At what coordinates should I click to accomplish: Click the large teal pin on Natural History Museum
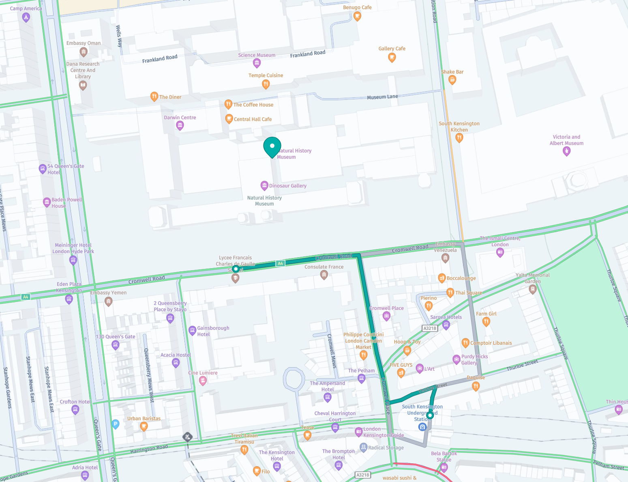(272, 146)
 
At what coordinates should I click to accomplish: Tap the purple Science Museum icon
(257, 63)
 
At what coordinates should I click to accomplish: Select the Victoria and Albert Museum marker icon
(566, 151)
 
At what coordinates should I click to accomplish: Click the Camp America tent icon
(26, 17)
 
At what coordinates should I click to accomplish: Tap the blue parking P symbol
(116, 424)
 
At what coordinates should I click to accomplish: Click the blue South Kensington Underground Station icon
(422, 427)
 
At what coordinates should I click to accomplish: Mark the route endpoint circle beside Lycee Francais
(236, 269)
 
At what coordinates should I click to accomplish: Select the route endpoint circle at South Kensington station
(430, 415)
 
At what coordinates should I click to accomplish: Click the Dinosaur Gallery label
(288, 186)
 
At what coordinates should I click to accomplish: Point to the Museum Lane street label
(382, 97)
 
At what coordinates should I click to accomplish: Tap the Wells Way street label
(119, 36)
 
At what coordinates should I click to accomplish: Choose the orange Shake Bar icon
(452, 80)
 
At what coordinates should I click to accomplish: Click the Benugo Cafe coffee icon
(357, 16)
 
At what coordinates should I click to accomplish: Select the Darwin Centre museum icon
(180, 126)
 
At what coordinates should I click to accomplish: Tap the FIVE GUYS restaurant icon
(401, 373)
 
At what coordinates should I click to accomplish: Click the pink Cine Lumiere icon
(203, 381)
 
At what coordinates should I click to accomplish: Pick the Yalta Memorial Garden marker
(533, 289)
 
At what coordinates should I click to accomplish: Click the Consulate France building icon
(324, 275)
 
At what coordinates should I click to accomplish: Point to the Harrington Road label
(149, 449)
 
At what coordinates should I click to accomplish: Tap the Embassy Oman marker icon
(84, 52)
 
